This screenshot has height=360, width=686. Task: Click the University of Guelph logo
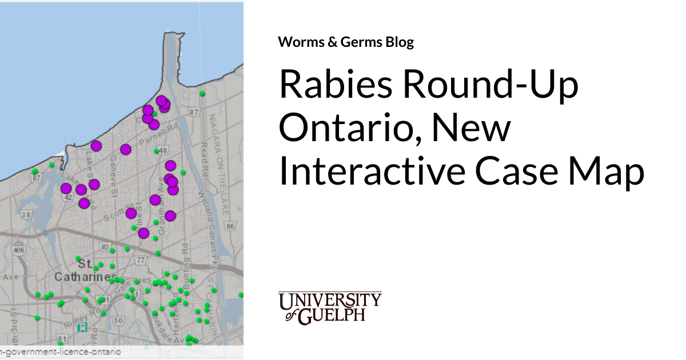pos(330,307)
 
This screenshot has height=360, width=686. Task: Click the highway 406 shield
pos(19,250)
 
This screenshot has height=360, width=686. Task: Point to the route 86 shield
pos(230,227)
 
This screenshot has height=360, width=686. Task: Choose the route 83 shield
pos(105,247)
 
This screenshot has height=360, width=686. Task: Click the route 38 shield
pos(25,215)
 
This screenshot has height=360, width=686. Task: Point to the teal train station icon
pos(83,327)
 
